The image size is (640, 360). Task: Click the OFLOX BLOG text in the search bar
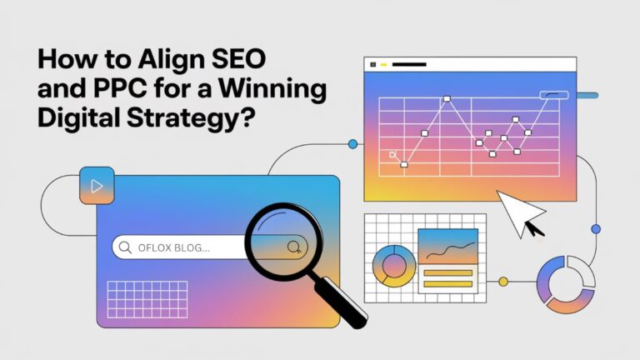[174, 247]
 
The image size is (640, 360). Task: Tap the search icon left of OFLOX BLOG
[126, 247]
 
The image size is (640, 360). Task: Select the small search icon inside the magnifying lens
[293, 247]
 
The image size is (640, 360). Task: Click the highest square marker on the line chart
[446, 99]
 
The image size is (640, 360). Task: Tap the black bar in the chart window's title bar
[409, 64]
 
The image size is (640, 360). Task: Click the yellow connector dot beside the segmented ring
[503, 282]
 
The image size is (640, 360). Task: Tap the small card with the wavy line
[447, 246]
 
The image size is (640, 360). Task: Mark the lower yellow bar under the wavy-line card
[447, 283]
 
